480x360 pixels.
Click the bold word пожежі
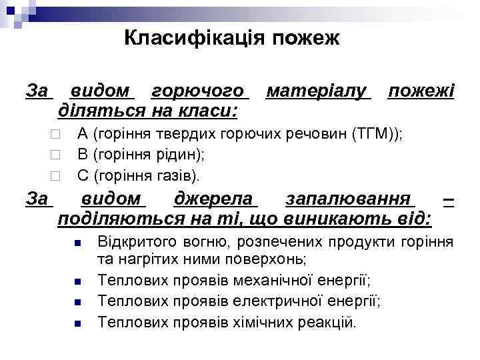point(421,90)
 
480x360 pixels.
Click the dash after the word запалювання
point(449,199)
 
